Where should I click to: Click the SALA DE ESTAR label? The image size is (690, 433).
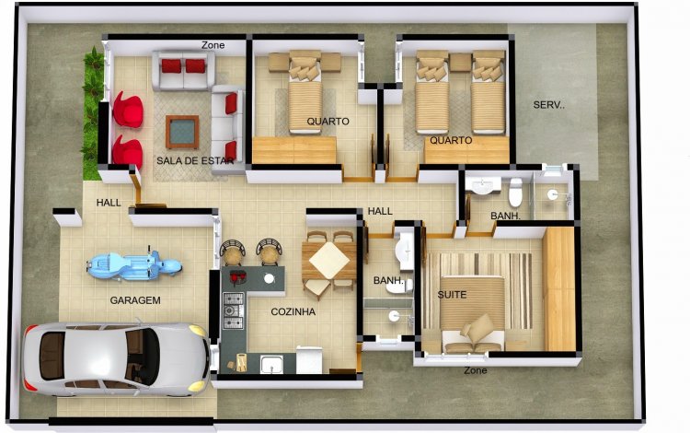coord(194,161)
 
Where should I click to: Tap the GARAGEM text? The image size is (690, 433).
coord(135,300)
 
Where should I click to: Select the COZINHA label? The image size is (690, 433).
coord(293,312)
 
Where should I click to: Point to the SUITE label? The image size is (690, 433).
coord(452,295)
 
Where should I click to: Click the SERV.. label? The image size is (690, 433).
coord(548,105)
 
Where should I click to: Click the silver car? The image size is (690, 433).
coord(117,359)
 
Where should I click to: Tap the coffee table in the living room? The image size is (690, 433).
coord(182,132)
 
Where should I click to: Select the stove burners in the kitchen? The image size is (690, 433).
coord(234,310)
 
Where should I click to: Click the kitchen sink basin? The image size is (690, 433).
coord(271,364)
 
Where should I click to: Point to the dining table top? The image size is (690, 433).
coord(329,261)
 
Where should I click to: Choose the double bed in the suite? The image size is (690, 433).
coord(473,312)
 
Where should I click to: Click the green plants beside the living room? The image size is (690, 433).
coord(93,112)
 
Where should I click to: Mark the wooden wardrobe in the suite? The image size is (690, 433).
coord(558,289)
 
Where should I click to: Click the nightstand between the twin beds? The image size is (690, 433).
coord(460,62)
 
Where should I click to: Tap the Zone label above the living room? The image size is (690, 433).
coord(213,45)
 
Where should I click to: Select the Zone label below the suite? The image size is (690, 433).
coord(476,370)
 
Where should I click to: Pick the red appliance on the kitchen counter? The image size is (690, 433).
coord(237,277)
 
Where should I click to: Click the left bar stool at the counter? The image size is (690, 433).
coord(233,252)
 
